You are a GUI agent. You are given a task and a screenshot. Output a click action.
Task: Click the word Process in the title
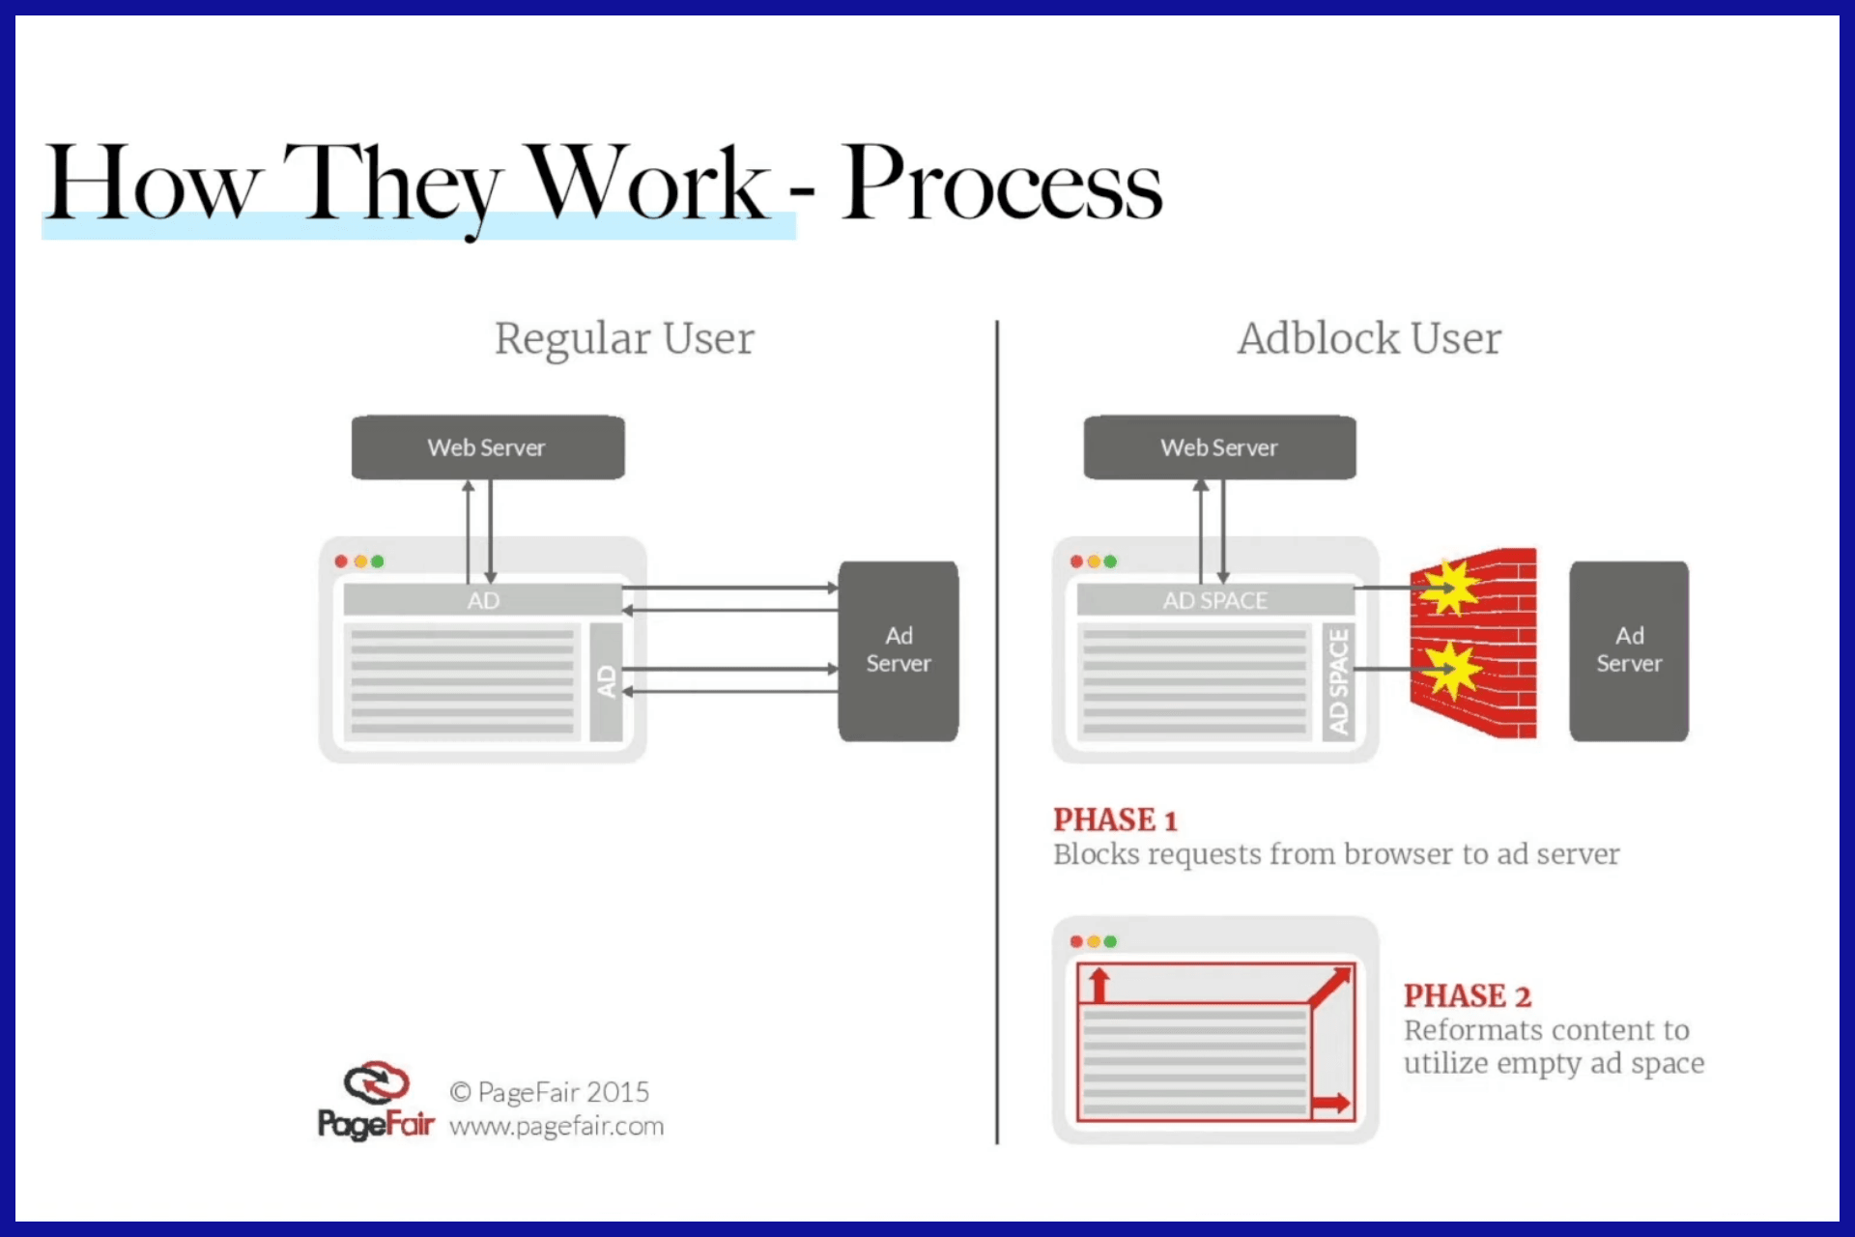[x=1002, y=184]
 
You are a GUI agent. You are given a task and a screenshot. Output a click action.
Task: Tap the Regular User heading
[x=624, y=339]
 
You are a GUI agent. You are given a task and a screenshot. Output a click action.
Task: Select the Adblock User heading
[x=1369, y=339]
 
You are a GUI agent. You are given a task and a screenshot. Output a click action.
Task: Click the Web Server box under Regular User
[x=488, y=447]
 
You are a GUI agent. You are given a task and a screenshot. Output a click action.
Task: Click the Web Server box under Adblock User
[x=1219, y=447]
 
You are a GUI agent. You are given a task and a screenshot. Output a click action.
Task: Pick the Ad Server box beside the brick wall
[x=1629, y=650]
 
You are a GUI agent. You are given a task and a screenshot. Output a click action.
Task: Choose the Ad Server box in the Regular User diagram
[x=899, y=650]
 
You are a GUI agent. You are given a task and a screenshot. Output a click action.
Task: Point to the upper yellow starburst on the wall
[x=1449, y=586]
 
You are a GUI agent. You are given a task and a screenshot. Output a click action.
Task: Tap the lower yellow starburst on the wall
[x=1449, y=669]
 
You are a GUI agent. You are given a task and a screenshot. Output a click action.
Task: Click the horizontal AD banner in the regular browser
[x=483, y=600]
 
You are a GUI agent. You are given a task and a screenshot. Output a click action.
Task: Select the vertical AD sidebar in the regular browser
[x=606, y=681]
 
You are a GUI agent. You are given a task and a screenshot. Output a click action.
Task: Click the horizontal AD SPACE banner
[x=1215, y=600]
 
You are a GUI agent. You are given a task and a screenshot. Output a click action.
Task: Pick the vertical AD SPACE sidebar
[x=1338, y=681]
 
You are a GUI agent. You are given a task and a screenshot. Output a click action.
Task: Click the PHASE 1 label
[x=1115, y=820]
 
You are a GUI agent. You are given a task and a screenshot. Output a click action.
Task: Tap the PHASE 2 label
[x=1467, y=995]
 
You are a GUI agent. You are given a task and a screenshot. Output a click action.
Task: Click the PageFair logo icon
[x=376, y=1083]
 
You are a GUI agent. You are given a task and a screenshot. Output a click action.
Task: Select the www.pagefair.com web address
[x=556, y=1127]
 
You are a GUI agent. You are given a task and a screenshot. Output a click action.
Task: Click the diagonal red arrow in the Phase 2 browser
[x=1330, y=986]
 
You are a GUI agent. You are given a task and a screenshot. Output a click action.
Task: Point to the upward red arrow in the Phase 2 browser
[x=1099, y=986]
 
